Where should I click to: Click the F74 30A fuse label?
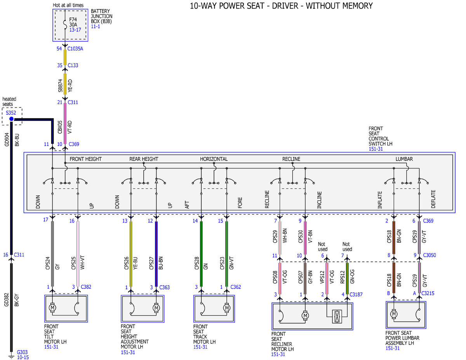(73, 22)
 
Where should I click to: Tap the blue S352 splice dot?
(11, 119)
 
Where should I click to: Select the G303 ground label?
(22, 352)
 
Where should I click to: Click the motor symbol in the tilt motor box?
(52, 308)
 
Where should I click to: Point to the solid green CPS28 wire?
(201, 254)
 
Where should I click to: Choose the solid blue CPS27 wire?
(156, 254)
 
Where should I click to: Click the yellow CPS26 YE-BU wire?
(131, 254)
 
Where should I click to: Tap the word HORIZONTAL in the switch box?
(214, 159)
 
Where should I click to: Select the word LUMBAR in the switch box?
(404, 159)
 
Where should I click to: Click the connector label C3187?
(356, 294)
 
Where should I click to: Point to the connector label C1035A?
(75, 49)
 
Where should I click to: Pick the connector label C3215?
(428, 293)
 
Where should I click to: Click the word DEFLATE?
(433, 199)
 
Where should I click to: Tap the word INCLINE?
(319, 200)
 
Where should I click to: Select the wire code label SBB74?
(60, 86)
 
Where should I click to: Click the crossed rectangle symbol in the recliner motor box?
(337, 317)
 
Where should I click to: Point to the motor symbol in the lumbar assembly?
(393, 314)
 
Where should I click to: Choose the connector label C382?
(86, 287)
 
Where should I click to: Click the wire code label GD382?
(6, 300)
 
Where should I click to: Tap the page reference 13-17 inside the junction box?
(75, 30)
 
